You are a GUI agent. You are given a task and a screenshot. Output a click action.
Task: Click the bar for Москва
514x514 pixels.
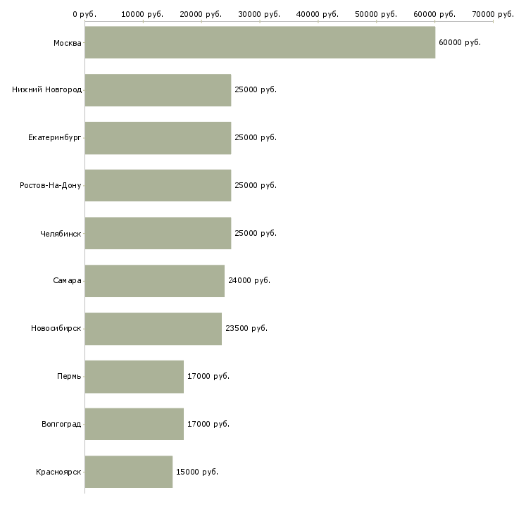[260, 42]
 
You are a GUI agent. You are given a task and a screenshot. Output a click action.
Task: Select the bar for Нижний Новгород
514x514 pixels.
[158, 90]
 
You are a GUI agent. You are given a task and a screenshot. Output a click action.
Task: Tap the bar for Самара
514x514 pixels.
[155, 281]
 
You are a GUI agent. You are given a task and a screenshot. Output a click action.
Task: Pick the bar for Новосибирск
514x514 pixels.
[153, 329]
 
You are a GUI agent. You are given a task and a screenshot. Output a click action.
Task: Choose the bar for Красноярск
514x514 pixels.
[128, 472]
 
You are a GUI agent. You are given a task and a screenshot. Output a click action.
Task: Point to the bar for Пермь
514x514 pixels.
[134, 377]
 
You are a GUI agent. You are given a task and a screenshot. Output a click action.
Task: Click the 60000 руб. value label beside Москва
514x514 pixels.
[460, 43]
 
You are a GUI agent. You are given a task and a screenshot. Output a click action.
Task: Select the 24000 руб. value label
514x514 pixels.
[249, 281]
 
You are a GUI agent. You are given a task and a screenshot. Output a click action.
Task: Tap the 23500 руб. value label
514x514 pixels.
[246, 328]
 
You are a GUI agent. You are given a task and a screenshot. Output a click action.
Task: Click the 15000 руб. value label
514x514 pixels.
[197, 472]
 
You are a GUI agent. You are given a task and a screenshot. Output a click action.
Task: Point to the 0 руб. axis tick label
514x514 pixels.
[84, 14]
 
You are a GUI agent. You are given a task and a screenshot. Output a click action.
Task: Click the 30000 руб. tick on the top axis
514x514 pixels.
[259, 14]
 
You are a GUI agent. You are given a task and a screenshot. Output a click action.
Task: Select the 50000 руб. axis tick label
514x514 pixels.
[376, 14]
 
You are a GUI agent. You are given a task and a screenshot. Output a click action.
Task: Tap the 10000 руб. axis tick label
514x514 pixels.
[142, 14]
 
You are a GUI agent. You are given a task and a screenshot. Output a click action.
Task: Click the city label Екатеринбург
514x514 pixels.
[55, 138]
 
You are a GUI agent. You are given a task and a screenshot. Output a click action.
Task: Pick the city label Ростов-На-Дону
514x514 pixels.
[51, 186]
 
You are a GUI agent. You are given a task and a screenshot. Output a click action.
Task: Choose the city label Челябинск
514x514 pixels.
[61, 234]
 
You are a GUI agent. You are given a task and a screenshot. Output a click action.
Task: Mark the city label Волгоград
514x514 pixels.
[61, 424]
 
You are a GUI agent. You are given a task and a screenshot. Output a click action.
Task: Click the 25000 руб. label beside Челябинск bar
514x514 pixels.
[256, 233]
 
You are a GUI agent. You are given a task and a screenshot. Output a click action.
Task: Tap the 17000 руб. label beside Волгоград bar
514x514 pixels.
[208, 424]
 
